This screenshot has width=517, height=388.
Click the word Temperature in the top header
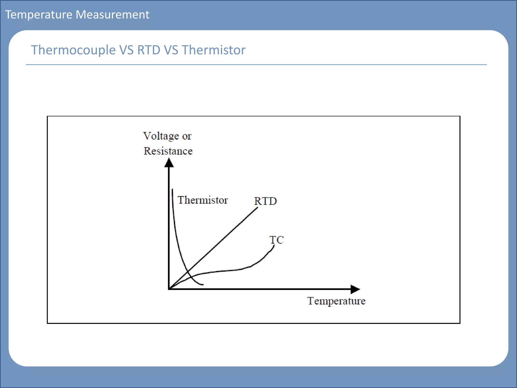pos(39,15)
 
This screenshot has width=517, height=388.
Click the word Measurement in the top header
pos(112,15)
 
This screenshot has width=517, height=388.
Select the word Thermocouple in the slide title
pos(73,50)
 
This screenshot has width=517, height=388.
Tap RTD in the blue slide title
pos(149,50)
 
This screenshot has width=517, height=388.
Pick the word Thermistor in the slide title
pos(213,50)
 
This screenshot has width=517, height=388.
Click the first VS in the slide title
pos(126,50)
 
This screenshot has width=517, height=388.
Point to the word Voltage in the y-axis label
pos(161,136)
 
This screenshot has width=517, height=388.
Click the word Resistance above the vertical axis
pos(168,151)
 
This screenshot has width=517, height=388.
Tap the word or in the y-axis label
pos(187,136)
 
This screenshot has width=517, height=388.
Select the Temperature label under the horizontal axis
pos(336,301)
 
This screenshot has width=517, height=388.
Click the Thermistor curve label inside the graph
pos(202,200)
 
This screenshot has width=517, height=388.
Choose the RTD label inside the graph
pos(265,201)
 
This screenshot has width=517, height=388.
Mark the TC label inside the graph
pos(276,240)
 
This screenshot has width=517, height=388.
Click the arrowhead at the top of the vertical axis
pos(169,163)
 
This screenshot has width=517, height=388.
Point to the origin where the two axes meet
pos(169,289)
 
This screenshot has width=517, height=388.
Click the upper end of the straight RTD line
pos(257,208)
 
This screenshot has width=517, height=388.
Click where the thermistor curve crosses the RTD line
pos(188,272)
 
